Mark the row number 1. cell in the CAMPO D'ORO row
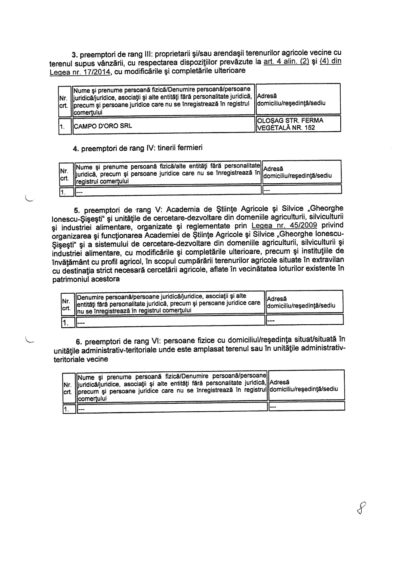62,127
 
